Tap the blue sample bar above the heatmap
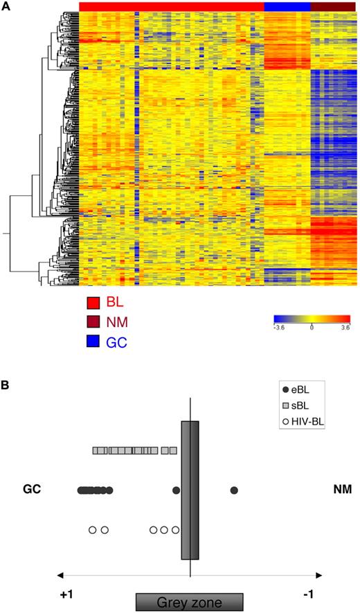[287, 6]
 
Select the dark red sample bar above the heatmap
[334, 6]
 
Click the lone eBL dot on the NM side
[234, 490]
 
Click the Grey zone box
[189, 602]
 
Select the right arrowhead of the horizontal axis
[318, 575]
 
